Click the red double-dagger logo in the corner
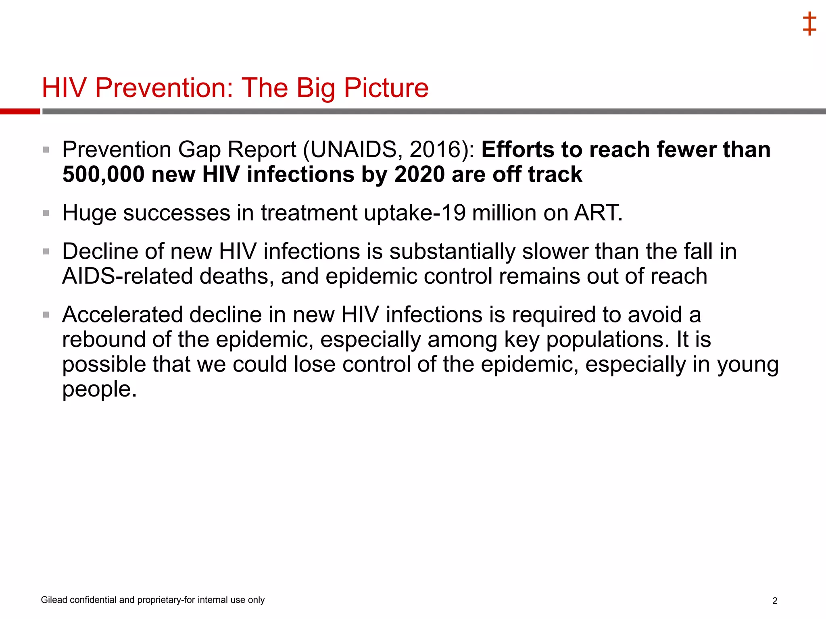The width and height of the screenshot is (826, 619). pos(809,24)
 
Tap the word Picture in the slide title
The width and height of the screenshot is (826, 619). pos(386,87)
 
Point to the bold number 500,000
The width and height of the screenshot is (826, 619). pos(104,174)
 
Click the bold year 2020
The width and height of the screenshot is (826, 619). pos(419,174)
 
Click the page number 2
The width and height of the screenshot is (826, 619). pos(775,601)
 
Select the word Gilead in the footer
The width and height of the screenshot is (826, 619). pos(54,600)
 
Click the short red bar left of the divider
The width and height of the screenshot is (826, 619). pos(20,111)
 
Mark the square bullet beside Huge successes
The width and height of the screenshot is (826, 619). pos(46,213)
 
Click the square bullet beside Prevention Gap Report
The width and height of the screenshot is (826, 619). pos(46,150)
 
